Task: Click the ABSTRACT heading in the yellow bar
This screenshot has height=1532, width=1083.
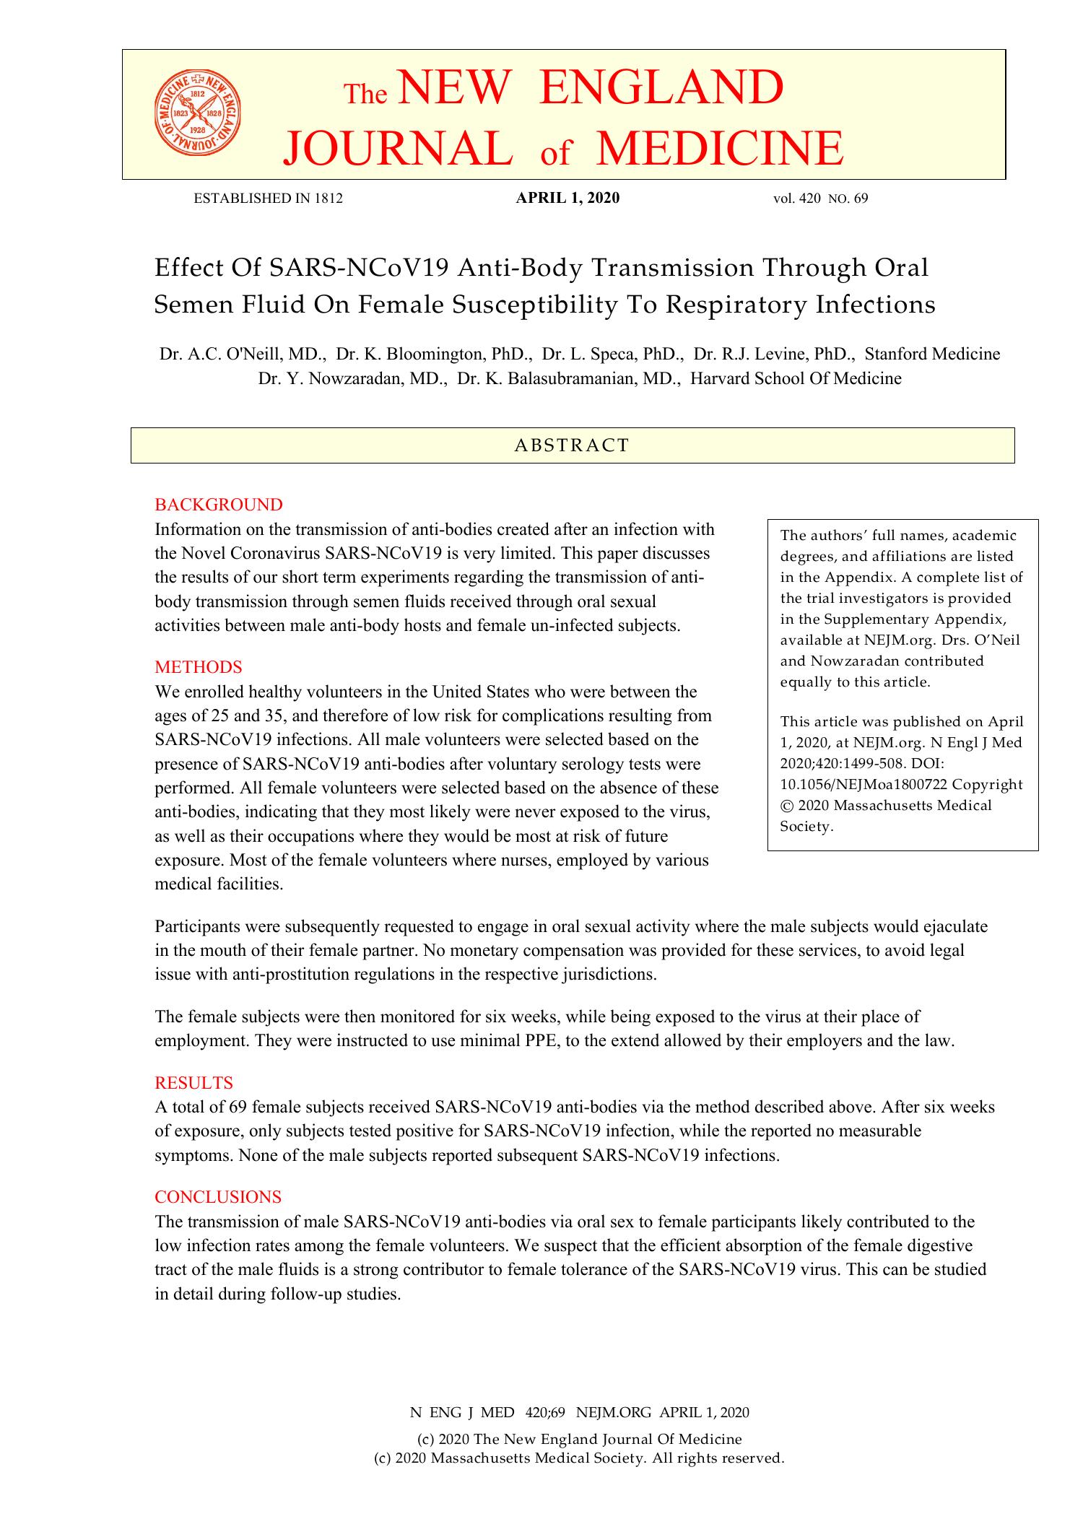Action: tap(572, 445)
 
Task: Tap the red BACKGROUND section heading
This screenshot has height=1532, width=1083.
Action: tap(219, 504)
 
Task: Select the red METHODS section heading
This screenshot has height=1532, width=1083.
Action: tap(199, 666)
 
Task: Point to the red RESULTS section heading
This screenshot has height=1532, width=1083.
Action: tap(194, 1083)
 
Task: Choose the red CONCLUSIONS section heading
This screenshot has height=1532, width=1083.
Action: tap(218, 1197)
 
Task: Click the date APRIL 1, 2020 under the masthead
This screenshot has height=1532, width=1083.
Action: tap(567, 199)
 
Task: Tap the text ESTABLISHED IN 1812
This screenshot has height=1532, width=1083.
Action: tap(268, 199)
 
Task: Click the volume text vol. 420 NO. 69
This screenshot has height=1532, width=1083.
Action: tap(820, 199)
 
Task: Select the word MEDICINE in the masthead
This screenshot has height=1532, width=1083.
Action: tap(720, 148)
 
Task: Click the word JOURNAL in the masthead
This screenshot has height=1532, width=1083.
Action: tap(393, 148)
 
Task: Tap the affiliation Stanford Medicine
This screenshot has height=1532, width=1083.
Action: tap(932, 354)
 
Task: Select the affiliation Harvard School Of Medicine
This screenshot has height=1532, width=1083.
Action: tap(796, 378)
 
